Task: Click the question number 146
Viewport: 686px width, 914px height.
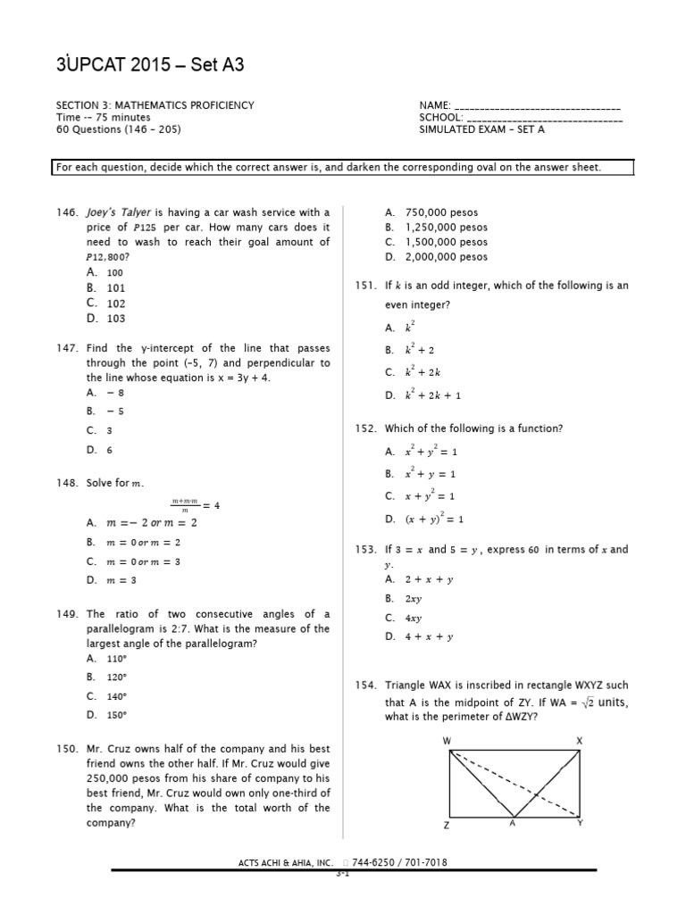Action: [x=67, y=212]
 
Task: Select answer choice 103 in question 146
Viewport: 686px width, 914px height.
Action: [x=116, y=319]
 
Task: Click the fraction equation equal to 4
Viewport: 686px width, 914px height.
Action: [x=196, y=504]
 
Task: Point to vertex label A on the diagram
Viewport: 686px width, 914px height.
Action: [x=513, y=824]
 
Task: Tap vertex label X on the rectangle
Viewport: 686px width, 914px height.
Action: [x=579, y=742]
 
